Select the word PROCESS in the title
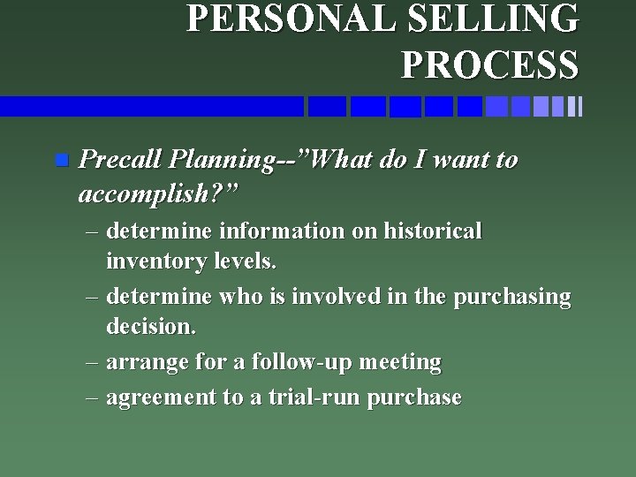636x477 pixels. (x=490, y=64)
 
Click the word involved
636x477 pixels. (x=331, y=297)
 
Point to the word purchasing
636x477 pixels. (x=512, y=297)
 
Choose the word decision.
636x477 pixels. (x=150, y=327)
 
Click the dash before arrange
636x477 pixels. (x=93, y=362)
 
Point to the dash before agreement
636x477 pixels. (x=93, y=397)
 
